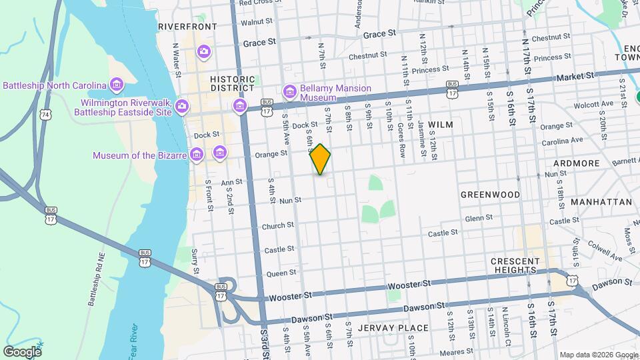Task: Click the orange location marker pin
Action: (321, 159)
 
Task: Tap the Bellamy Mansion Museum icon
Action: (289, 91)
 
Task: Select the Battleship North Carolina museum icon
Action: (117, 85)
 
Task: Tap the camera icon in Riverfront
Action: (204, 51)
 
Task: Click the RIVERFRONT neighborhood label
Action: (187, 27)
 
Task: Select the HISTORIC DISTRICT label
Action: (233, 83)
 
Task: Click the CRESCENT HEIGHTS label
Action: (523, 265)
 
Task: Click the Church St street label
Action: (278, 226)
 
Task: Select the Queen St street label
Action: (281, 273)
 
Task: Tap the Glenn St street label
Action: (479, 218)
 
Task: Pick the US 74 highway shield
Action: (45, 115)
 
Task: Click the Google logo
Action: (22, 351)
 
